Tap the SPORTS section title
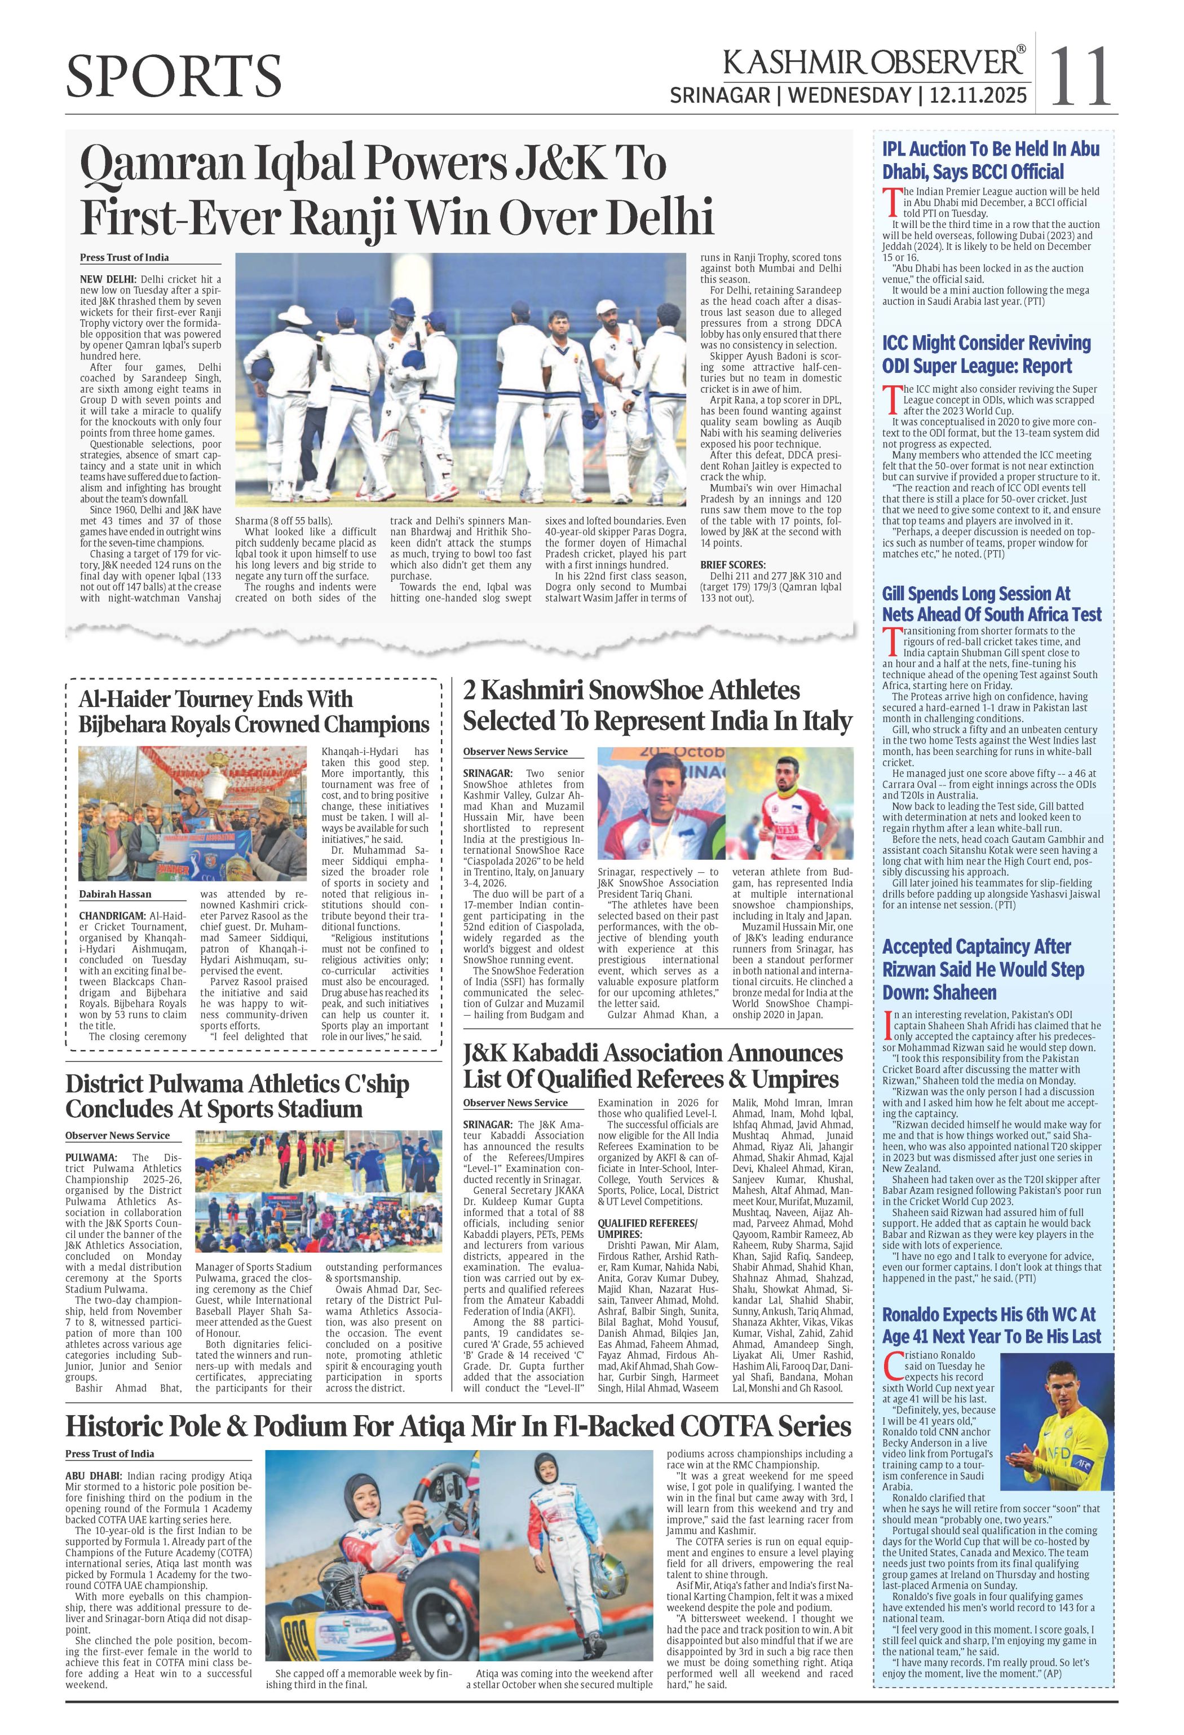coord(174,77)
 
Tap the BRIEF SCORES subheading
coord(732,565)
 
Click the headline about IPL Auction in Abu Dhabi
coord(990,160)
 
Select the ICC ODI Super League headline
coord(986,354)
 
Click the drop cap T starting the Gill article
coord(889,639)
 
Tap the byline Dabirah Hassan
coord(115,894)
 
